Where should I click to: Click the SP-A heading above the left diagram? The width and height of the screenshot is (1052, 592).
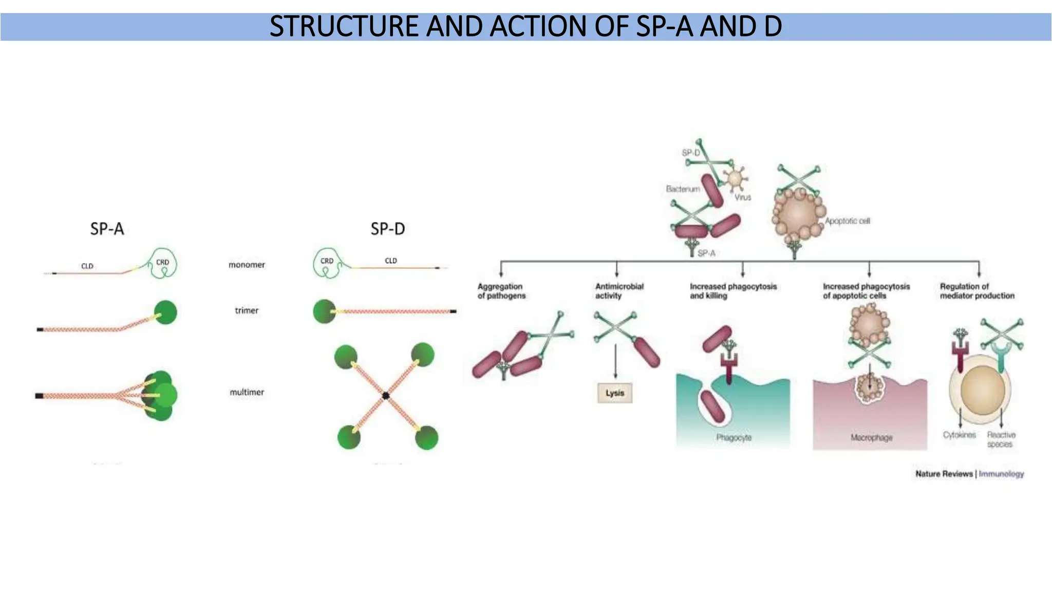(x=107, y=229)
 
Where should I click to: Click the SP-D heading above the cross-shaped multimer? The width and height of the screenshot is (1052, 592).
(x=388, y=229)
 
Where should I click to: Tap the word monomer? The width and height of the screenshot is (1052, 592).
(x=247, y=265)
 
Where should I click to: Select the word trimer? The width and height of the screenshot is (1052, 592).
(x=247, y=310)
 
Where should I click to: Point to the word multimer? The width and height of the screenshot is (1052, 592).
(x=247, y=392)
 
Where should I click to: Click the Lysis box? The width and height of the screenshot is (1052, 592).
(x=615, y=393)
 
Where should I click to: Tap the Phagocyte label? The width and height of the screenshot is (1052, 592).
(x=734, y=437)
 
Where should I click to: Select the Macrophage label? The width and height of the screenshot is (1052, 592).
(x=871, y=437)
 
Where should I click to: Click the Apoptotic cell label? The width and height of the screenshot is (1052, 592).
(x=848, y=221)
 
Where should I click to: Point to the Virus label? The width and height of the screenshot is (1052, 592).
(x=742, y=197)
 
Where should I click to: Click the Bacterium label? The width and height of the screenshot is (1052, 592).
(x=683, y=189)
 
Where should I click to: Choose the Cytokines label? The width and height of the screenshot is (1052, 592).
(x=959, y=435)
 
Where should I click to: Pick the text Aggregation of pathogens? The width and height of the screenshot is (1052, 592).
(x=501, y=291)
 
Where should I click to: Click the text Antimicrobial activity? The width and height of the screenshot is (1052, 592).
(x=619, y=291)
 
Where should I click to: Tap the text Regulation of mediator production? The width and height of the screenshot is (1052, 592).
(x=977, y=291)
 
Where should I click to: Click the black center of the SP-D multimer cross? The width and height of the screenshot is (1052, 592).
(x=385, y=395)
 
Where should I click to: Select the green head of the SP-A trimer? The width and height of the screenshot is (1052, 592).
(x=165, y=312)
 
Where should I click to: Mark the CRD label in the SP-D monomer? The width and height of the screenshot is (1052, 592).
(x=327, y=261)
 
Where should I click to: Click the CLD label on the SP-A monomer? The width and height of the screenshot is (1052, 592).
(x=87, y=266)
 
